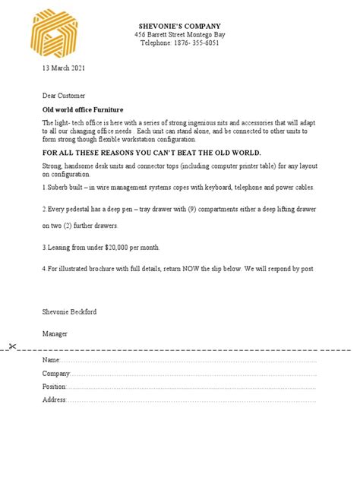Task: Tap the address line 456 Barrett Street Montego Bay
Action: pos(179,35)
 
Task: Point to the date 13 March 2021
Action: pos(63,68)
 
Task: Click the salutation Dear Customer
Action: pos(64,96)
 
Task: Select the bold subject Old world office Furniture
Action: pos(82,109)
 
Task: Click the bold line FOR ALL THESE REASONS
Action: pos(151,153)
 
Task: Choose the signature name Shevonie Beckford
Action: pos(69,312)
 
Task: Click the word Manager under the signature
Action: pos(55,333)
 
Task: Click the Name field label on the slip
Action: pos(50,360)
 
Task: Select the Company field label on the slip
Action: pos(56,374)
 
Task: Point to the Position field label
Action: pos(55,387)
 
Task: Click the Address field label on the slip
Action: pos(54,399)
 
